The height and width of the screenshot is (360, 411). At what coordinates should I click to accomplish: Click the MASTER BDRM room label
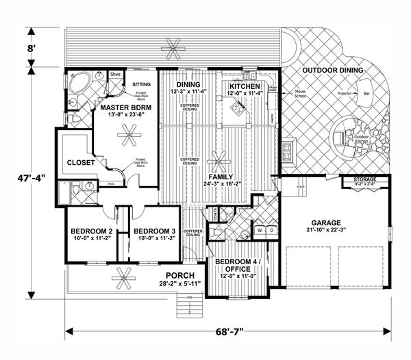(x=121, y=107)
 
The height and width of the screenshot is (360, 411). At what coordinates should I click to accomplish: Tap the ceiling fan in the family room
(x=220, y=164)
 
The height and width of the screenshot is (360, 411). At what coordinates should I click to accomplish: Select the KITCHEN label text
(x=244, y=87)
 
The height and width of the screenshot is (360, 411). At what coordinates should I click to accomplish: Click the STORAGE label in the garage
(x=364, y=179)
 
